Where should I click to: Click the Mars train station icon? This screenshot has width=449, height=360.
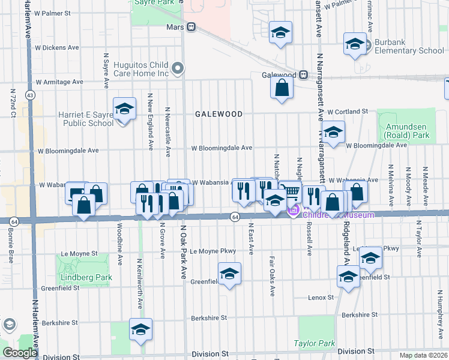point(191,27)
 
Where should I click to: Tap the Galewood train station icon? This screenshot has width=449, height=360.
point(304,75)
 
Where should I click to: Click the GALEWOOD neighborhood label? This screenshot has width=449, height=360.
point(218,114)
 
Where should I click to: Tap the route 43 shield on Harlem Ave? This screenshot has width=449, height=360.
point(29,95)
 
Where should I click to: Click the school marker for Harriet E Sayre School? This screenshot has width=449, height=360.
point(124,109)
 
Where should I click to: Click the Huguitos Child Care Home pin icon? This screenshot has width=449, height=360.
point(177,68)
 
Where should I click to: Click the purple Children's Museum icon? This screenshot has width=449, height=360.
point(294,211)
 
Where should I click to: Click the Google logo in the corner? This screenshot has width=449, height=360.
point(19,353)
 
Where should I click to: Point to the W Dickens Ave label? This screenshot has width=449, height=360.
point(57,47)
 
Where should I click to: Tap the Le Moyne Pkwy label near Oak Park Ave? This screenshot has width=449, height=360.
point(211,251)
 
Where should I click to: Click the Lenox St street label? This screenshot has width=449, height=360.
point(321,297)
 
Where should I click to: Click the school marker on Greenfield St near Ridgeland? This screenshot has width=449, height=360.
point(348,277)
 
